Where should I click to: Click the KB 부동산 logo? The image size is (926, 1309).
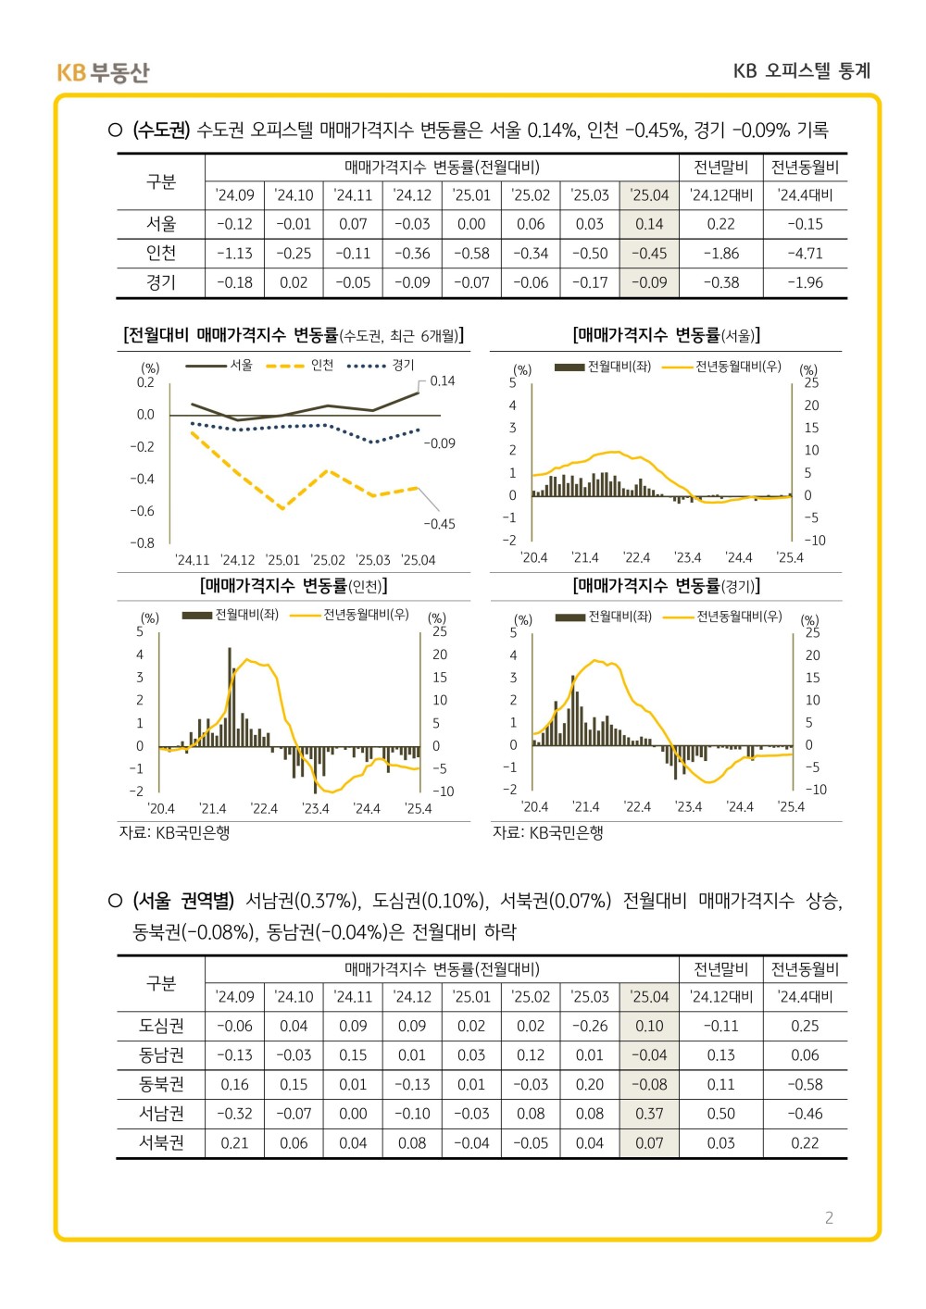click(x=103, y=72)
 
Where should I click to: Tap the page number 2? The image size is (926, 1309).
click(x=829, y=1217)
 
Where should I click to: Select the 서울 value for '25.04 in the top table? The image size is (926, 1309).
click(x=649, y=224)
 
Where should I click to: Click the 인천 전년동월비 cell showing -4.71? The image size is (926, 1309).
click(x=805, y=254)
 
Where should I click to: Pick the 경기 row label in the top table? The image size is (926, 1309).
click(x=161, y=282)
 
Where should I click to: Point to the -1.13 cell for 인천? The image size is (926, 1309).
click(x=234, y=254)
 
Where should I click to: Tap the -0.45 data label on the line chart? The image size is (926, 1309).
click(x=439, y=524)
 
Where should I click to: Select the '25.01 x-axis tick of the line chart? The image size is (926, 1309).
click(x=282, y=560)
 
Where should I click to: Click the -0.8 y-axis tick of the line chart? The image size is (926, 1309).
click(x=142, y=543)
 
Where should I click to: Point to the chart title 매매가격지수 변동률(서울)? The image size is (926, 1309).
click(x=666, y=335)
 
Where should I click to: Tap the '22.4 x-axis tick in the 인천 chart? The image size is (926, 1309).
click(x=264, y=808)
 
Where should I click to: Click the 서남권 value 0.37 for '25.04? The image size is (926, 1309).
click(x=649, y=1114)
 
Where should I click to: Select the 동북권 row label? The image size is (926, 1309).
click(x=161, y=1084)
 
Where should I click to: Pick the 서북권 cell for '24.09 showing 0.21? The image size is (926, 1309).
click(x=234, y=1143)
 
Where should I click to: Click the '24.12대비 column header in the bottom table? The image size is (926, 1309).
click(x=721, y=997)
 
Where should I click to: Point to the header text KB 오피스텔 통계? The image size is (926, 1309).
click(x=801, y=71)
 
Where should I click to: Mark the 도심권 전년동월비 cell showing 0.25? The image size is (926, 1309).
click(x=805, y=1026)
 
